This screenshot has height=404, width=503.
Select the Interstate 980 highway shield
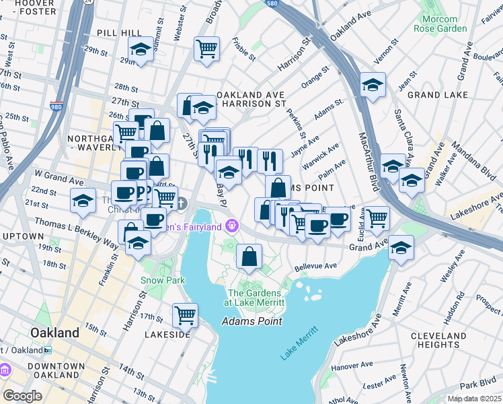click(x=56, y=106)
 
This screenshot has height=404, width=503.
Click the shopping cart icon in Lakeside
click(x=185, y=314)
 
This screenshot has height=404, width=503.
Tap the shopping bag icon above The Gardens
click(x=249, y=257)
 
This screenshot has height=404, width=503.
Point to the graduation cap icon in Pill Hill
click(x=141, y=49)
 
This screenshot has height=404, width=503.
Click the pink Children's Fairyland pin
click(x=233, y=224)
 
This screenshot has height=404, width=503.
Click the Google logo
click(x=22, y=396)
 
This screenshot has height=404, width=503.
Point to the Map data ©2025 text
click(x=473, y=399)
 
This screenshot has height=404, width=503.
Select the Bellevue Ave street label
click(x=315, y=266)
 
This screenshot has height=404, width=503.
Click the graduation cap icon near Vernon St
click(x=372, y=85)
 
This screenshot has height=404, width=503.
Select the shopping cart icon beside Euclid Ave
click(x=376, y=217)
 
